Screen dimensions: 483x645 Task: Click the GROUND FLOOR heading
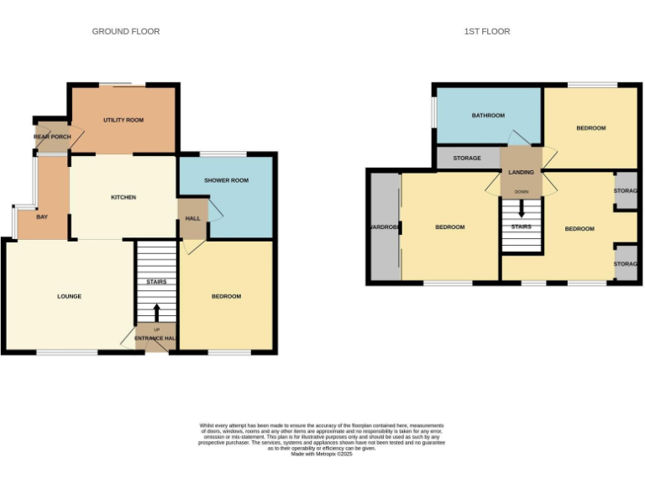point(126,32)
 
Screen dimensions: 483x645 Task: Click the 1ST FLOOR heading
point(487,32)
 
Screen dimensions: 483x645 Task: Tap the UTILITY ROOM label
point(123,120)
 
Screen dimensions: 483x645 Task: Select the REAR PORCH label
point(52,137)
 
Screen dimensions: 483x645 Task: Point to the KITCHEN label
point(123,197)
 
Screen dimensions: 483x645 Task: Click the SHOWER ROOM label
point(226,180)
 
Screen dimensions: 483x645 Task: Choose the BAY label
point(42,217)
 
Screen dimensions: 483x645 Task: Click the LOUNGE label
point(69,296)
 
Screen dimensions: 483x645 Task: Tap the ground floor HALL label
point(192,220)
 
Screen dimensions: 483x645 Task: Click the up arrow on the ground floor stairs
point(156,313)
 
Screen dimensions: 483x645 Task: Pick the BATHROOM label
point(487,115)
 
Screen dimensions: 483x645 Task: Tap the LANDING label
point(521,172)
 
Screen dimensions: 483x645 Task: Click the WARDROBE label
point(382,227)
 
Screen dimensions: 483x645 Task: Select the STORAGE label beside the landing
point(467,158)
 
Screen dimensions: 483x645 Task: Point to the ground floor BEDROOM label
point(226,296)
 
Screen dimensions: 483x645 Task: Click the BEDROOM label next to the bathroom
point(590,127)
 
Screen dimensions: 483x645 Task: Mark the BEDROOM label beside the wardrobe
point(449,227)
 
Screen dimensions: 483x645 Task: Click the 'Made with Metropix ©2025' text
point(322,454)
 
